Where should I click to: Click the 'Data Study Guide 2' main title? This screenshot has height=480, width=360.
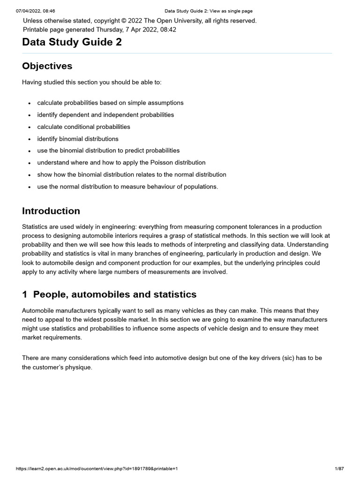(x=72, y=42)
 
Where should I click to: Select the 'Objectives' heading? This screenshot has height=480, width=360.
(x=47, y=66)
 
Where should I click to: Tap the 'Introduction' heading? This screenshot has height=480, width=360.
(x=51, y=211)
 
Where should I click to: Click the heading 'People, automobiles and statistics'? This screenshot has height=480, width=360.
(x=115, y=294)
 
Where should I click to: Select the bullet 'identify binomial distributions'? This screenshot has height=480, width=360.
(x=78, y=139)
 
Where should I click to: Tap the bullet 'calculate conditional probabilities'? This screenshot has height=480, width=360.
(x=83, y=127)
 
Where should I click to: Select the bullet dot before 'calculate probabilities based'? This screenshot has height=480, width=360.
(x=30, y=103)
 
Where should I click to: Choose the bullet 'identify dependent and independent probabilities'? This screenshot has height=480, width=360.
(x=105, y=115)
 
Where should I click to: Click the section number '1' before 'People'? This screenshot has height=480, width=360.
(x=24, y=294)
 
